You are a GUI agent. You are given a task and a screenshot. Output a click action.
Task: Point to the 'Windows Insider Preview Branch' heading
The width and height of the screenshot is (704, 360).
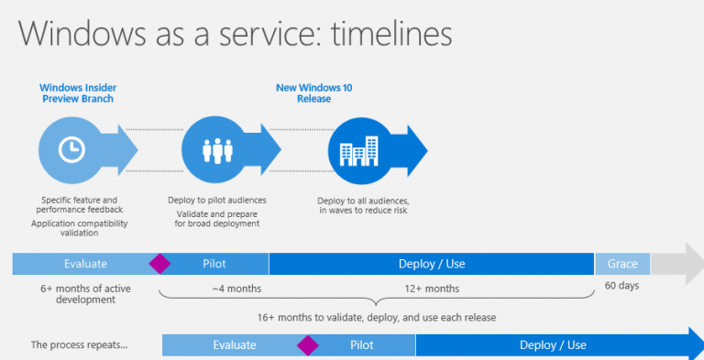pyautogui.click(x=77, y=93)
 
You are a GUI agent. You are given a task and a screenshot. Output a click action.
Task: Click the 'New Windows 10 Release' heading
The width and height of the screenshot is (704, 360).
pyautogui.click(x=313, y=93)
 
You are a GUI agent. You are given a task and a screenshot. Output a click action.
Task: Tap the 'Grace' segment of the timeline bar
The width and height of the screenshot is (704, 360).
pyautogui.click(x=622, y=264)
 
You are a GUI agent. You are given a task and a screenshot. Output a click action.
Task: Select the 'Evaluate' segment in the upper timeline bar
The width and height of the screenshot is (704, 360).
pyautogui.click(x=85, y=264)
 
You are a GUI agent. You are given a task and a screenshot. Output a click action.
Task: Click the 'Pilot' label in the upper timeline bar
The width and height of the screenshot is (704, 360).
pyautogui.click(x=214, y=264)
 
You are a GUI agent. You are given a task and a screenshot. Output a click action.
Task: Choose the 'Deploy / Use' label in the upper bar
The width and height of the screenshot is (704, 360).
pyautogui.click(x=432, y=264)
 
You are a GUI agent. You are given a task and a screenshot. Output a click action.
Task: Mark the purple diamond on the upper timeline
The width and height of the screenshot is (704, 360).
pyautogui.click(x=160, y=264)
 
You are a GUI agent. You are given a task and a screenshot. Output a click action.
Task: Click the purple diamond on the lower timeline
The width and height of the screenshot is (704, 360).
pyautogui.click(x=307, y=345)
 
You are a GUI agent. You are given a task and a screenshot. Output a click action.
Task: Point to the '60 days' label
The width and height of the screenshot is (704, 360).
pyautogui.click(x=622, y=285)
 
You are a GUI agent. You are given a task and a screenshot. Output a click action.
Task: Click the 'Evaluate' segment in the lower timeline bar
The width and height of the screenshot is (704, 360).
pyautogui.click(x=234, y=345)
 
